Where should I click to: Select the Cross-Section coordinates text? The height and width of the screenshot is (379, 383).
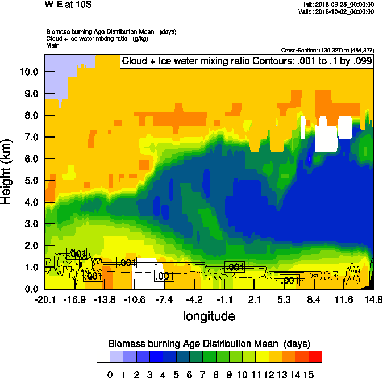pos(327,50)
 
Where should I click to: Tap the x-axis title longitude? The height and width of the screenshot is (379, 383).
pos(209,315)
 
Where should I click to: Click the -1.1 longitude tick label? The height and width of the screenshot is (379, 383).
pos(224,299)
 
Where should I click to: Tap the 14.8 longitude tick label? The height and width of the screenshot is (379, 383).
pos(373,299)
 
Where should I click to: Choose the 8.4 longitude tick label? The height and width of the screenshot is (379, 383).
pos(314,299)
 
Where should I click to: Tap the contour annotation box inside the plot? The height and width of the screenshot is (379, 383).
pos(246,60)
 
